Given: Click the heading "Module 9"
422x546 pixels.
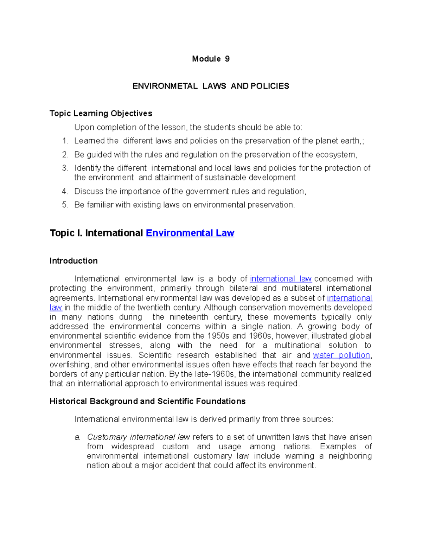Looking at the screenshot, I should pos(211,59).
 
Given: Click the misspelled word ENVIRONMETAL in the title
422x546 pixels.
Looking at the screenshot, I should pos(165,86).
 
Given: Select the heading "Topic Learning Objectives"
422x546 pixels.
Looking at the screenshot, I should pos(101,113).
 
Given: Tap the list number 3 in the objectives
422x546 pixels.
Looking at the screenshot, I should pos(65,168).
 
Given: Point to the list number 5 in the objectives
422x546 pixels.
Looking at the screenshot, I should pos(65,205).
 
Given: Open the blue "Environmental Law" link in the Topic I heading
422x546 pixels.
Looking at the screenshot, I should pos(190,233).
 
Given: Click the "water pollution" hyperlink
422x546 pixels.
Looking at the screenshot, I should pos(341,355).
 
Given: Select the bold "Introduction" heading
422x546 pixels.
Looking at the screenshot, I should pos(73,261).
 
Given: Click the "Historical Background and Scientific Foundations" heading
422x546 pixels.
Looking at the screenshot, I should pos(147,402).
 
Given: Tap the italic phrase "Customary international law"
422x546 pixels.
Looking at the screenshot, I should pos(138,437).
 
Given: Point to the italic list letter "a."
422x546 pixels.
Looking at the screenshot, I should pos(78,437).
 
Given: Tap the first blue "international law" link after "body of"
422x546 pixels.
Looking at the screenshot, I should pos(281,279).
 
